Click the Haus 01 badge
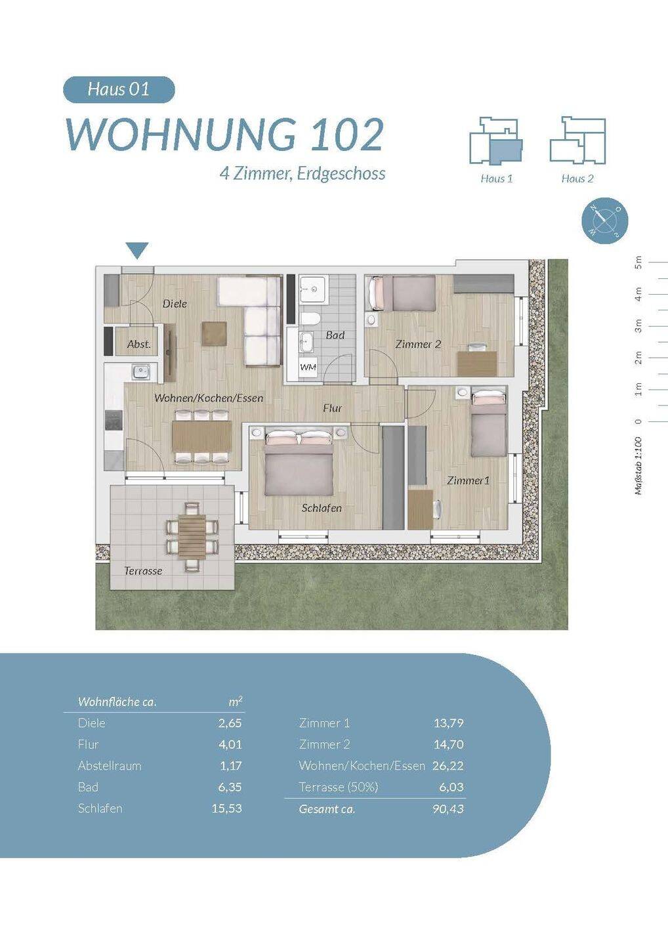pyautogui.click(x=119, y=89)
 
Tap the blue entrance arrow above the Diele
pyautogui.click(x=138, y=250)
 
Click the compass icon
pyautogui.click(x=605, y=220)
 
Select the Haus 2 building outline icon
pyautogui.click(x=577, y=140)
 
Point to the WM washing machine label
pyautogui.click(x=308, y=367)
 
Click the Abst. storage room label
pyautogui.click(x=138, y=345)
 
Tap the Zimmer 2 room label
pyautogui.click(x=418, y=345)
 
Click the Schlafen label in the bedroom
pyautogui.click(x=322, y=509)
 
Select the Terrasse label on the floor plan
pyautogui.click(x=144, y=571)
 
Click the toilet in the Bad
pyautogui.click(x=310, y=320)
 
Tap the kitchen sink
pyautogui.click(x=140, y=371)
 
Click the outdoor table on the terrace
pyautogui.click(x=192, y=536)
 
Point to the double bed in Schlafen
pyautogui.click(x=299, y=462)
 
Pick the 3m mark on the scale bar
pyautogui.click(x=639, y=326)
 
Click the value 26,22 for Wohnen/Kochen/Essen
pyautogui.click(x=448, y=766)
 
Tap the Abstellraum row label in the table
pyautogui.click(x=110, y=766)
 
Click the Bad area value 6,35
pyautogui.click(x=230, y=787)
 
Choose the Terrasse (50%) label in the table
pyautogui.click(x=339, y=787)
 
